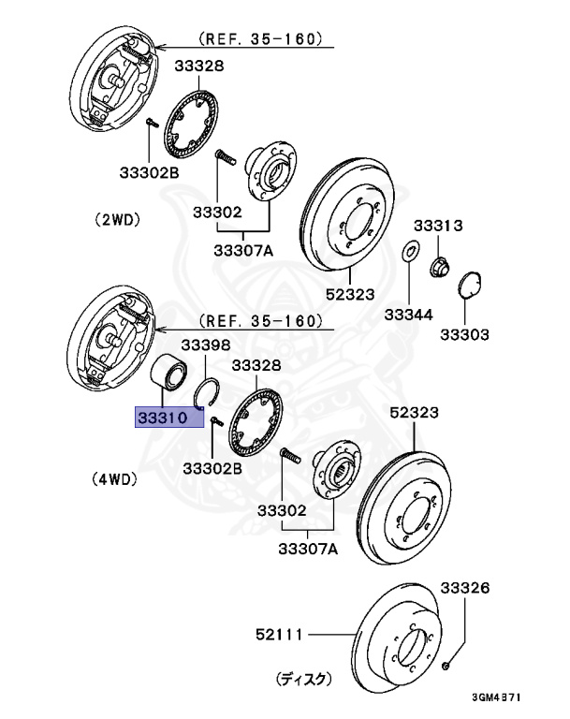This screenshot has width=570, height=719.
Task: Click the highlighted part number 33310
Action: click(163, 418)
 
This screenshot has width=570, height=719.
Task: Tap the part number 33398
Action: click(206, 345)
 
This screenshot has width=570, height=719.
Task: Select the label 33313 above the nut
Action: click(438, 226)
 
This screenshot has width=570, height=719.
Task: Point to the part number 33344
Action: click(409, 315)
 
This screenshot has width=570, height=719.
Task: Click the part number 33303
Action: click(464, 334)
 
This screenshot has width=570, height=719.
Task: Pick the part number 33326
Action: click(465, 587)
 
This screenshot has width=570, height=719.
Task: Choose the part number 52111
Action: click(279, 635)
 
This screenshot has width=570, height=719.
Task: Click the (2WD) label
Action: click(117, 220)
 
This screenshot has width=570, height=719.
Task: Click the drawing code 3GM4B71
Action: click(497, 697)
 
